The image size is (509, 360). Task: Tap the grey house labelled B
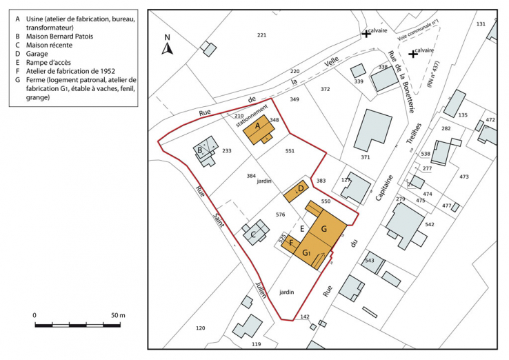(204, 152)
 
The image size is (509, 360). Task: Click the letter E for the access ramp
(302, 228)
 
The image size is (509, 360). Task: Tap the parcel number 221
(261, 35)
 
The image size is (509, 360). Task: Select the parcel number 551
(290, 150)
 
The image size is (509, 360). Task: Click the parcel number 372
(326, 89)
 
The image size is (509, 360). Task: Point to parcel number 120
(201, 328)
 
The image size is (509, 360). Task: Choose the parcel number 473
(463, 177)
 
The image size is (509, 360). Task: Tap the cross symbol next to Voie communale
(366, 33)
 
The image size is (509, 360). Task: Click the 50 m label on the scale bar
(117, 315)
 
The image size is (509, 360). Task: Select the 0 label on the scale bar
(35, 315)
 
